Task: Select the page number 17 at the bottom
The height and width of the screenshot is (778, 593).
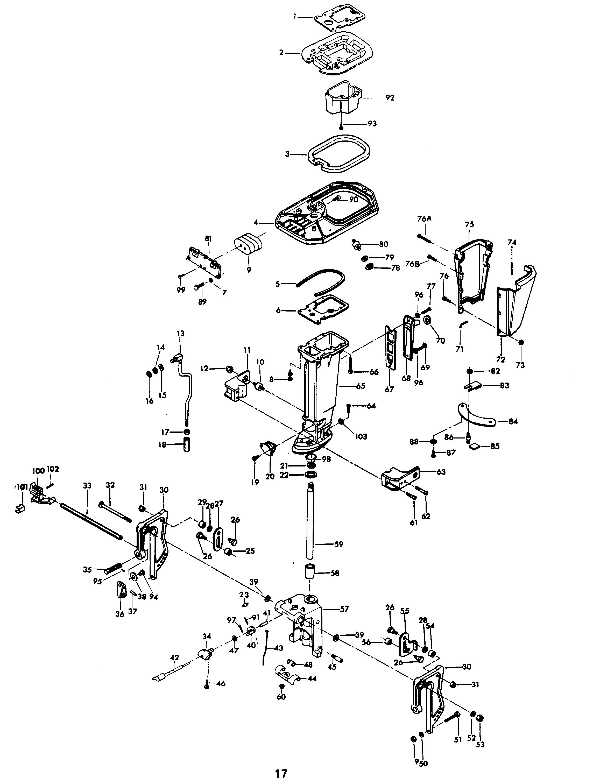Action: click(x=281, y=771)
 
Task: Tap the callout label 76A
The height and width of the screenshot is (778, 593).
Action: click(x=424, y=219)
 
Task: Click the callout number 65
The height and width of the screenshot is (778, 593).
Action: click(x=361, y=386)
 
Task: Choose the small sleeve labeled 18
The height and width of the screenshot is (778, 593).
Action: click(x=186, y=445)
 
